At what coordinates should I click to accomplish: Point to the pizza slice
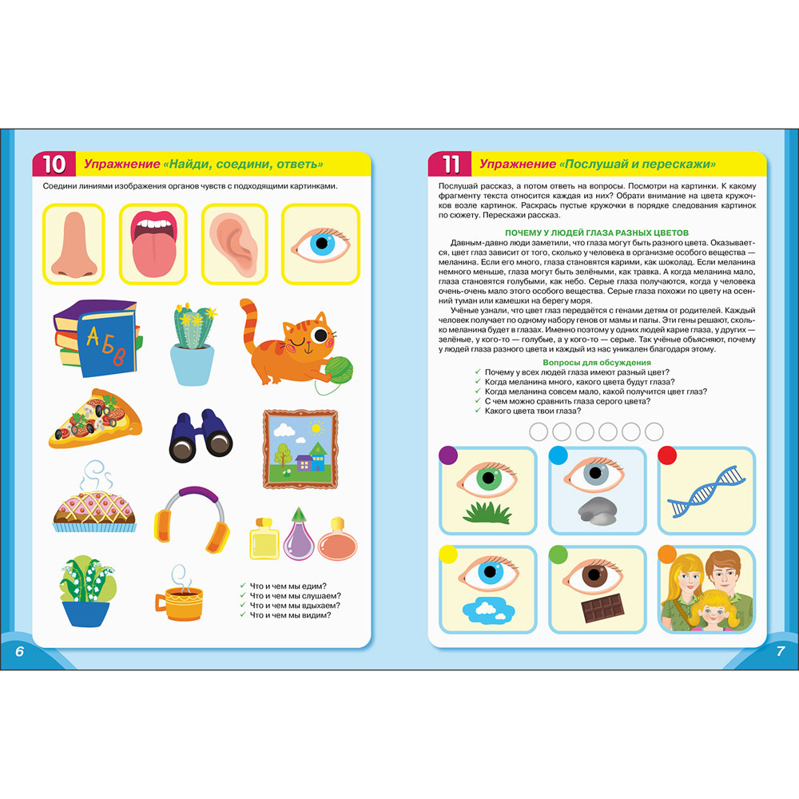click(95, 419)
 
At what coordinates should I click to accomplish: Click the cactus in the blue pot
click(193, 344)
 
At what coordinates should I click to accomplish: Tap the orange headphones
click(192, 520)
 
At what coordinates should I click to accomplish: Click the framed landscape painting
click(300, 449)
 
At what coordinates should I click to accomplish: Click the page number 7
click(780, 650)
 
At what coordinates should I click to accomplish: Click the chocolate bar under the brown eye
click(602, 608)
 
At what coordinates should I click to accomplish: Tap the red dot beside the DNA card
click(667, 455)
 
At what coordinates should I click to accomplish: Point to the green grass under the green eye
click(487, 513)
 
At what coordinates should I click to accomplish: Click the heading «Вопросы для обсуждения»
click(597, 362)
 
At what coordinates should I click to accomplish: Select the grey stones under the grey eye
click(597, 510)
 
